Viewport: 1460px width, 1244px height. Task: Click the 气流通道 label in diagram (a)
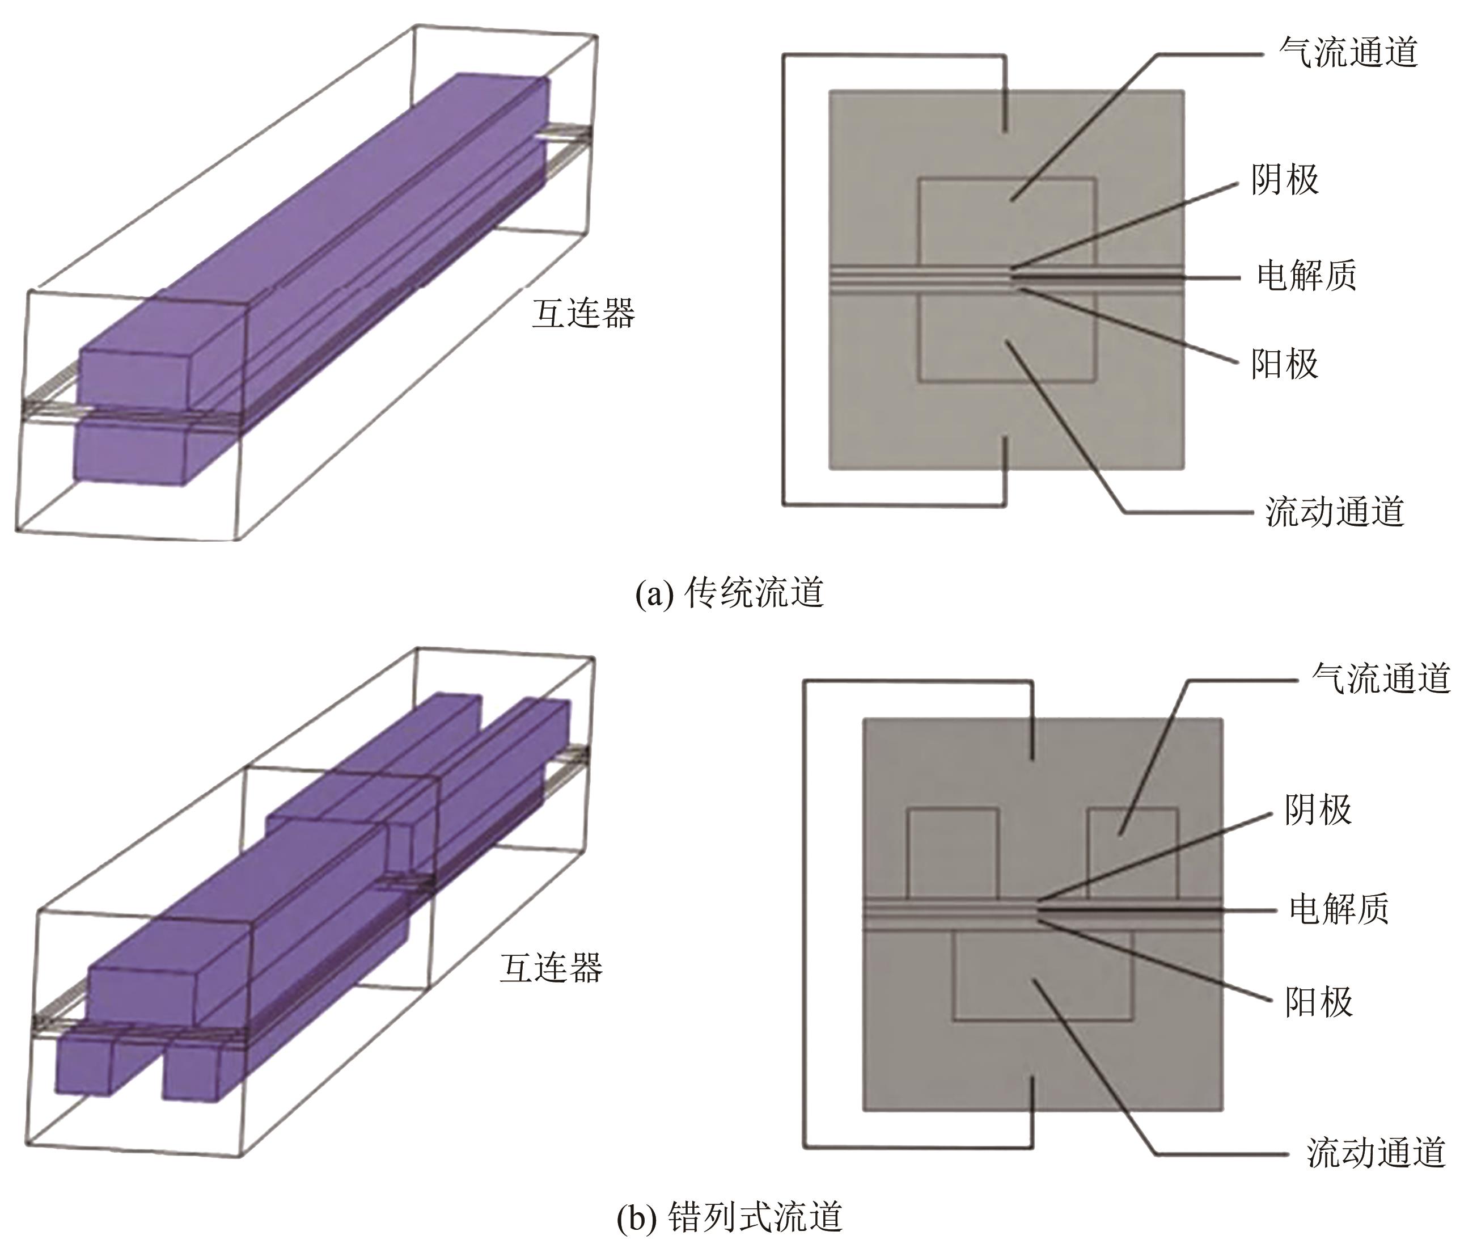click(x=1348, y=52)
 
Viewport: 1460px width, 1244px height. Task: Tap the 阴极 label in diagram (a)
click(x=1284, y=180)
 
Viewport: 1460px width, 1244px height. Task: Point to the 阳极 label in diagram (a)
click(x=1284, y=364)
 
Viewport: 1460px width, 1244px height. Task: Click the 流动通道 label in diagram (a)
click(x=1335, y=511)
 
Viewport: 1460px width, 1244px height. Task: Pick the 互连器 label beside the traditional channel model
click(x=583, y=313)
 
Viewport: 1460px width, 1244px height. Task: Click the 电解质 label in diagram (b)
click(x=1339, y=909)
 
